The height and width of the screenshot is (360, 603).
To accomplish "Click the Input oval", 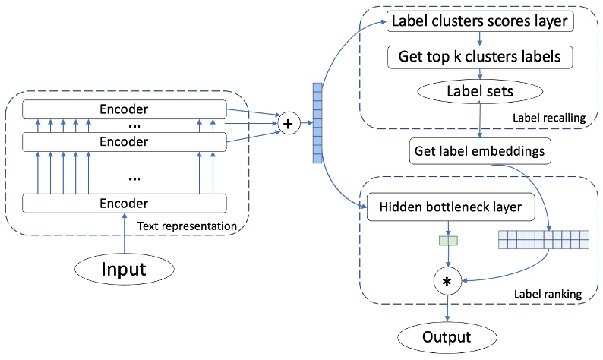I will pos(124,268).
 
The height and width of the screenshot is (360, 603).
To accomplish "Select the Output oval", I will pos(447,336).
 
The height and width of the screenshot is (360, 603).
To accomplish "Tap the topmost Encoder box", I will pos(124,109).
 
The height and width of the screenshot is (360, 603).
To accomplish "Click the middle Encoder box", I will pos(124,141).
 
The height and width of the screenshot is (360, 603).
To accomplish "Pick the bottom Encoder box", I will pos(124,203).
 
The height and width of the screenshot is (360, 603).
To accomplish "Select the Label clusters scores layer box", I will pos(479,21).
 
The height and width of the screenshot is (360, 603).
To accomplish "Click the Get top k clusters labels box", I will pos(479,56).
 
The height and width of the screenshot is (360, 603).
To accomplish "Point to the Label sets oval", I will pos(479,90).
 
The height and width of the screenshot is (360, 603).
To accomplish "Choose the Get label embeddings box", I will pos(479,150).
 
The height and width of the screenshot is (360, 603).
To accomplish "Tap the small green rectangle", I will pos(447,242).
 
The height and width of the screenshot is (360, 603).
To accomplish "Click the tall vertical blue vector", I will pos(317,122).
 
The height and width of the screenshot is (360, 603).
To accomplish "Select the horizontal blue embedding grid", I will pos(543,239).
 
